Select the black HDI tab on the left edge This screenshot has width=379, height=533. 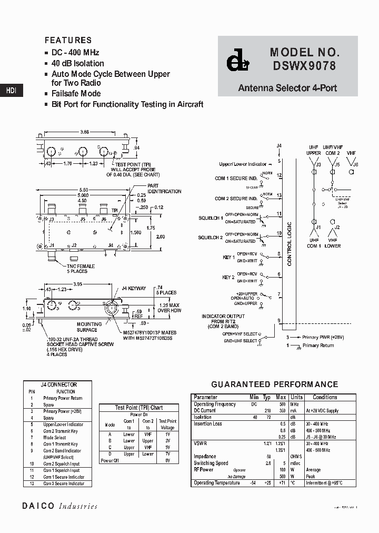[x=11, y=91]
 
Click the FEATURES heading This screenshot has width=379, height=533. [x=68, y=40]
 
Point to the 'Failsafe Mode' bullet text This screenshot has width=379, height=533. [x=76, y=93]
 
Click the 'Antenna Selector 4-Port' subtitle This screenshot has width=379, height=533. [x=287, y=88]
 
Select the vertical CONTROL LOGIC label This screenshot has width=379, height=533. [x=289, y=243]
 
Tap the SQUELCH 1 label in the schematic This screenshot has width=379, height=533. [x=211, y=218]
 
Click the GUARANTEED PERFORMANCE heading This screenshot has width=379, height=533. [x=274, y=384]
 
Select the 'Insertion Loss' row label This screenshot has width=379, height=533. [x=208, y=423]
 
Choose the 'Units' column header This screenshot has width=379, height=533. [x=296, y=397]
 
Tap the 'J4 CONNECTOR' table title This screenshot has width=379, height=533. [x=58, y=384]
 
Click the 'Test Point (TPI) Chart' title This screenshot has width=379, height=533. [x=139, y=407]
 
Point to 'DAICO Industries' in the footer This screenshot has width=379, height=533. [x=59, y=506]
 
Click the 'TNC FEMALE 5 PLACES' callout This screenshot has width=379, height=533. [x=81, y=269]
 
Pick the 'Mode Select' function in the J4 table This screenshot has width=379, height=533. [x=55, y=437]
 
